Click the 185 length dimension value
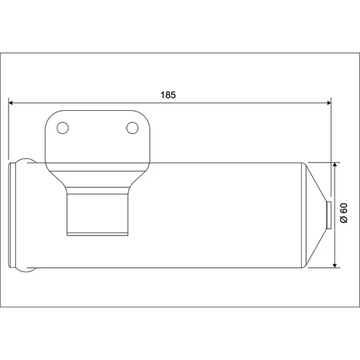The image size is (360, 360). tap(168, 95)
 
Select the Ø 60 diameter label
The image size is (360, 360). tap(344, 213)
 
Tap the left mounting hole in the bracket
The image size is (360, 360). tap(63, 128)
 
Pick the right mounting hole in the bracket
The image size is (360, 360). tap(132, 128)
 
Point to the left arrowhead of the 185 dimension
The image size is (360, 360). tap(11, 103)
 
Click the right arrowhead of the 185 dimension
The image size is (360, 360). tap(329, 103)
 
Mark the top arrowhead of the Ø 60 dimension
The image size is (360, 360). tap(335, 165)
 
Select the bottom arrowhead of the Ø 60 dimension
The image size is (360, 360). tap(335, 265)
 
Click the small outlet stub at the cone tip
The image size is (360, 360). tap(329, 215)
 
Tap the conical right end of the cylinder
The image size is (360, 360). tap(315, 215)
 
